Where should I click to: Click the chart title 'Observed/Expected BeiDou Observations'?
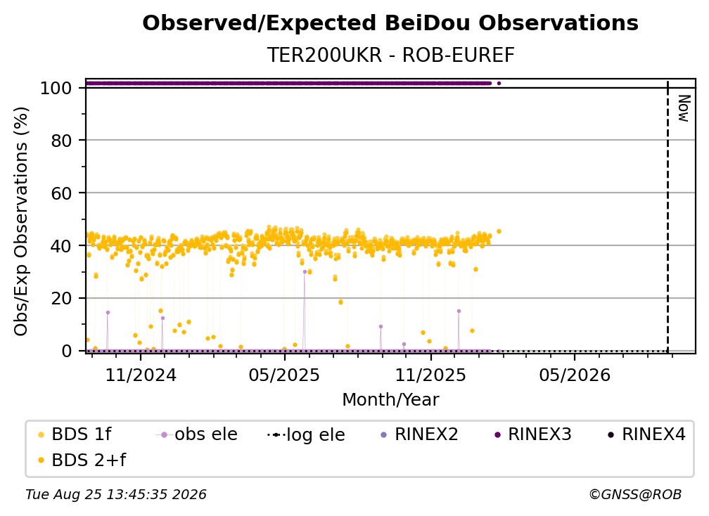[x=390, y=23]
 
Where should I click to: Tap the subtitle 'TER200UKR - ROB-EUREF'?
[x=390, y=55]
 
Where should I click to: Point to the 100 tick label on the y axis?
[x=56, y=88]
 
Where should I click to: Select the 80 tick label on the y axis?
[x=61, y=141]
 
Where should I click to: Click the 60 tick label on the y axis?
[x=61, y=193]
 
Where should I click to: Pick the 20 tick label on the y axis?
[x=61, y=298]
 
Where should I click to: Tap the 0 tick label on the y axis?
[x=67, y=351]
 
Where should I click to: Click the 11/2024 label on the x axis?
[x=141, y=375]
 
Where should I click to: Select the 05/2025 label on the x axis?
[x=284, y=375]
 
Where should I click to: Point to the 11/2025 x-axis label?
[x=430, y=375]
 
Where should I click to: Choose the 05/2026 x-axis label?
[x=575, y=375]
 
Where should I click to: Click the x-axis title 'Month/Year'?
[x=390, y=400]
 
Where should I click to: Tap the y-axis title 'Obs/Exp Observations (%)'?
[x=21, y=221]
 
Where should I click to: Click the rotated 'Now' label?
[x=684, y=108]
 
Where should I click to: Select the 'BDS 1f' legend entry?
[x=75, y=434]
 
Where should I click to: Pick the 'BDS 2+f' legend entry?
[x=82, y=460]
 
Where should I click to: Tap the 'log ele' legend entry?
[x=307, y=434]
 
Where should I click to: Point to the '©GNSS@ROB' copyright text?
[x=635, y=495]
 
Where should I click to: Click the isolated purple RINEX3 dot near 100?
[x=499, y=83]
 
